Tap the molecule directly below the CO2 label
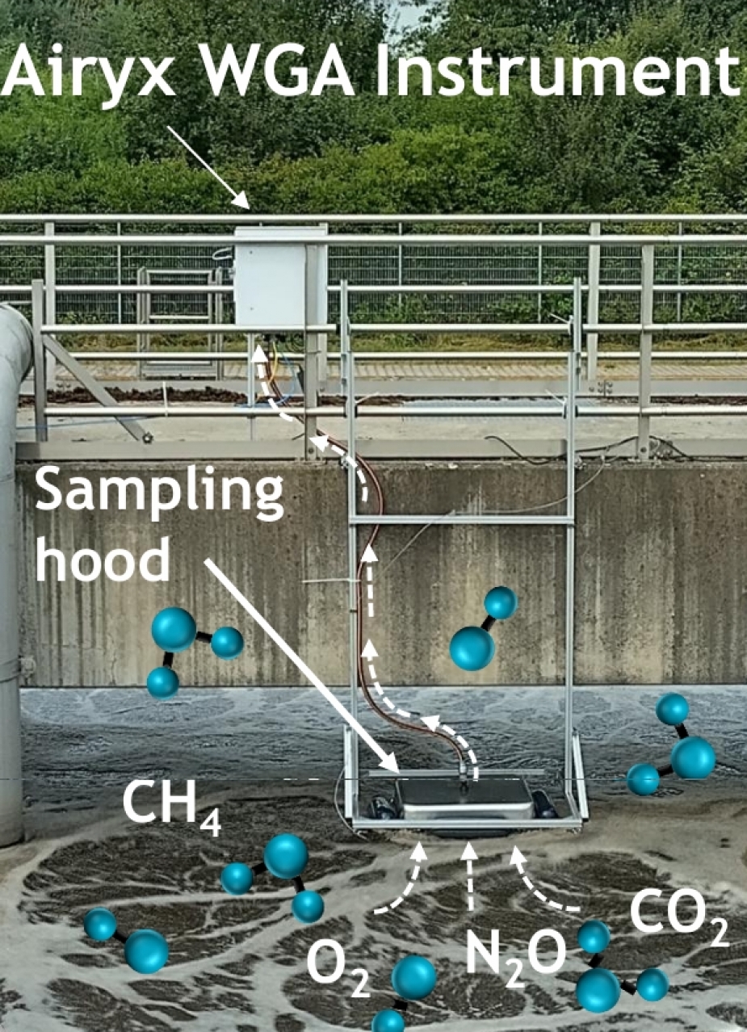coord(618,969)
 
